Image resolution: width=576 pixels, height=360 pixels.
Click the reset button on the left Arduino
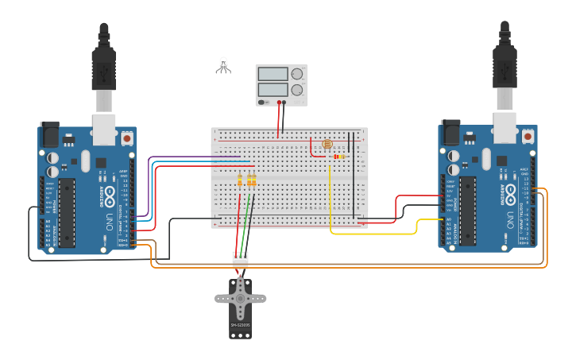click(127, 138)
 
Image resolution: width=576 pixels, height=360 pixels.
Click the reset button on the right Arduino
click(528, 136)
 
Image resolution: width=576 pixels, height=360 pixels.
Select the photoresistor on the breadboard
click(327, 145)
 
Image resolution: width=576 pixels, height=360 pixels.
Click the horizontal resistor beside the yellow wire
click(339, 157)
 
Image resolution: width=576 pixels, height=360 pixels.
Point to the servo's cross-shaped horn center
click(239, 299)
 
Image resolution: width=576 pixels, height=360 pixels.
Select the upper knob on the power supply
click(297, 74)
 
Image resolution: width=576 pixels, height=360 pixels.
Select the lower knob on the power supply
click(297, 90)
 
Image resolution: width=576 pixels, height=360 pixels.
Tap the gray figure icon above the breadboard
click(223, 66)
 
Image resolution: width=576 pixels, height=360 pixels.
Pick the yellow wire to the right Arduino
click(373, 234)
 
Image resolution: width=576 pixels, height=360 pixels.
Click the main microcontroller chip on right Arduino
click(468, 210)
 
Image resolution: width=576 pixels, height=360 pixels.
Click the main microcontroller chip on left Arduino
click(68, 212)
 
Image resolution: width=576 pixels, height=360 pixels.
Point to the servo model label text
click(239, 325)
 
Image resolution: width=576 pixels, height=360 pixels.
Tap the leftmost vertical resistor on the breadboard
click(240, 182)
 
